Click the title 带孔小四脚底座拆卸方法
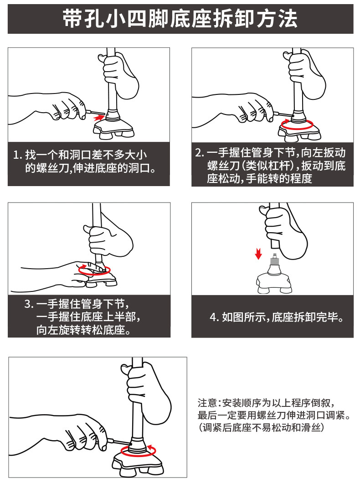(x=180, y=18)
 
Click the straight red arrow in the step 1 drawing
(x=99, y=118)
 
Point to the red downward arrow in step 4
(x=258, y=253)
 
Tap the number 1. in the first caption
(x=17, y=155)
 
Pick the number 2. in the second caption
(x=200, y=153)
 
